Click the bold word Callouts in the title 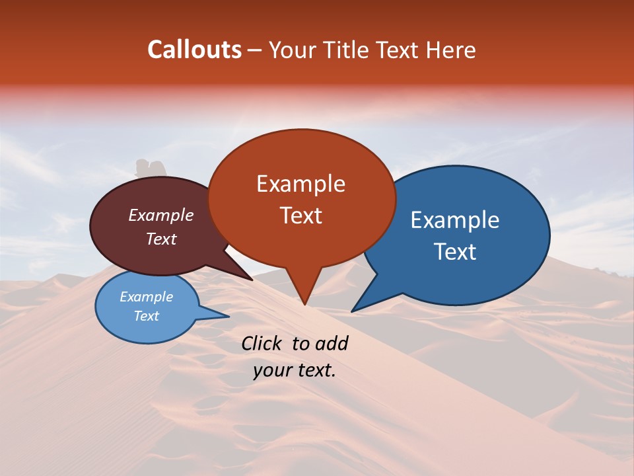tap(194, 50)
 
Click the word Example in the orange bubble tap(300, 184)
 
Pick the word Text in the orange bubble tap(300, 216)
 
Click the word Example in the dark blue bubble tap(455, 220)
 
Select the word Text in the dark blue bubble tap(455, 252)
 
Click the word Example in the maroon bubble tap(161, 215)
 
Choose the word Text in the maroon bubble tap(161, 239)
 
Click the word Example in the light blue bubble tap(146, 297)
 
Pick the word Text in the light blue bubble tap(146, 316)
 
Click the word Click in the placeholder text tap(263, 343)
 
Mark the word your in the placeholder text tap(271, 370)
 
